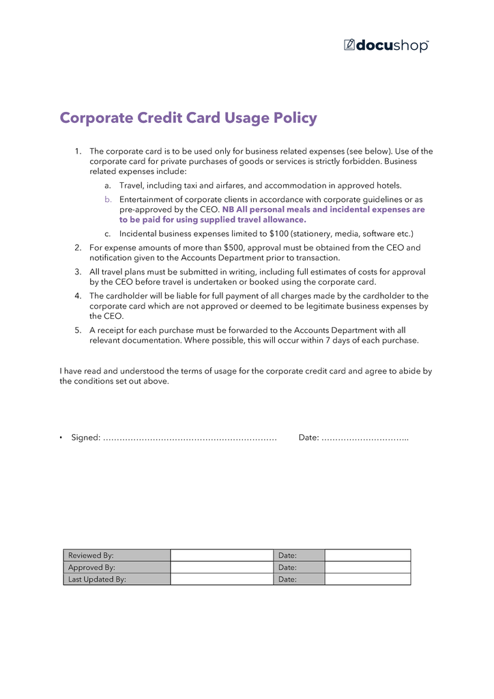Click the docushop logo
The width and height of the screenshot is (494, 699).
point(386,45)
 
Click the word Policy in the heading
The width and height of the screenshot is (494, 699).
point(295,118)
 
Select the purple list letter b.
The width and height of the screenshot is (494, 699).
point(107,199)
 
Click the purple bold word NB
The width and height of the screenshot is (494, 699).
point(229,210)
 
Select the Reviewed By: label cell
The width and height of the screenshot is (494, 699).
point(117,556)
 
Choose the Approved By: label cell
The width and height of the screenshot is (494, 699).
point(117,567)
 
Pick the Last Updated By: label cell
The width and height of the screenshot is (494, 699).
point(117,579)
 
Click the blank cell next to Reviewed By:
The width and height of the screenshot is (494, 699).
point(221,556)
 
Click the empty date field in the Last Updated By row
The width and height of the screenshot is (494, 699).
point(367,579)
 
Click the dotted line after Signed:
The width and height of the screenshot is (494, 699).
point(190,438)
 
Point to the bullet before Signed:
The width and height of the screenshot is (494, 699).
point(61,438)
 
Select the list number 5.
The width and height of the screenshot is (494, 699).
point(78,330)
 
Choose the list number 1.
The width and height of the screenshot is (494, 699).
point(78,152)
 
